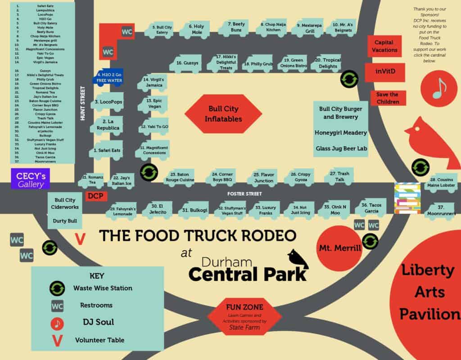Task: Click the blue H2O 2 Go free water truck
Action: point(107,77)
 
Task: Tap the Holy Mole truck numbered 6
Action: point(194,30)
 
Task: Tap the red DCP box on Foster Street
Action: point(95,196)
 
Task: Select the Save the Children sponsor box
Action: point(388,98)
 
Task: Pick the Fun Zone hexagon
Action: point(244,316)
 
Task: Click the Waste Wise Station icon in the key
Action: point(57,288)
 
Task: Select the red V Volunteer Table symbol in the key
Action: point(57,340)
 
